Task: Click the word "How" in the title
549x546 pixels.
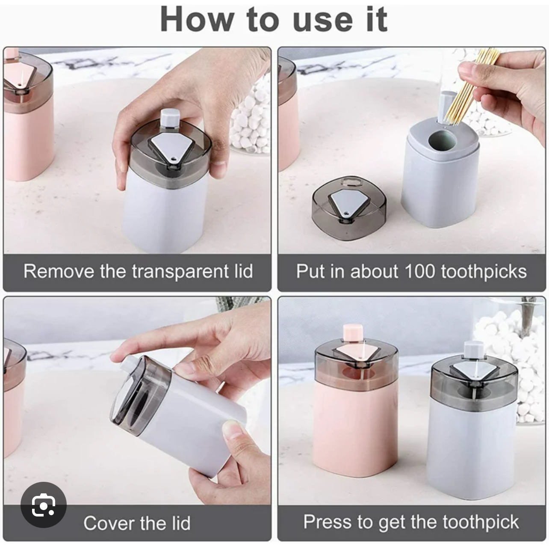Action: coord(197,19)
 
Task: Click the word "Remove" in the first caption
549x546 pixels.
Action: coord(59,271)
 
